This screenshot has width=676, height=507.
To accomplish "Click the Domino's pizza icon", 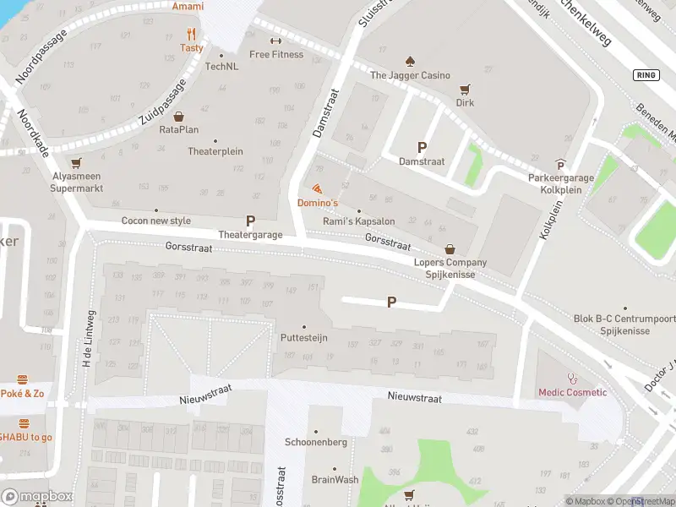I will click(x=317, y=188).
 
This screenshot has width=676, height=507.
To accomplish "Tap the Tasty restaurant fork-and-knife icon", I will click(x=192, y=35).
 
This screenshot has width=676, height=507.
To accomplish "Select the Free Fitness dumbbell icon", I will click(x=275, y=41).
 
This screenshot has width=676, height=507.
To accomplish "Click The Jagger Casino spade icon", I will click(x=410, y=61).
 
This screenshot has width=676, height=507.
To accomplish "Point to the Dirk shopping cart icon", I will click(x=464, y=89).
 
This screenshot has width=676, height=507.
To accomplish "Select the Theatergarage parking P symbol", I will click(x=250, y=221).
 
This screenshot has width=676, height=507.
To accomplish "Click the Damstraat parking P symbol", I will click(x=422, y=146).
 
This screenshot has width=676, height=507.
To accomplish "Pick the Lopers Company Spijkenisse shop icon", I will click(x=450, y=249).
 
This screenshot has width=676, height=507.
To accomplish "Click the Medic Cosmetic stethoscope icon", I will click(x=573, y=379).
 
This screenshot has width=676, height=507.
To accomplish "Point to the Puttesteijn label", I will click(x=304, y=338).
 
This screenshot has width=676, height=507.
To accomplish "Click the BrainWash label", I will click(x=335, y=479).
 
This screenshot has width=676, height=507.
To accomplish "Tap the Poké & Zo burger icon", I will click(x=23, y=380).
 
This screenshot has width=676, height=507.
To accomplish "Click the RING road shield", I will click(x=646, y=75).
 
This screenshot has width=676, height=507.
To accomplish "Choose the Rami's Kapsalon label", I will click(x=359, y=221).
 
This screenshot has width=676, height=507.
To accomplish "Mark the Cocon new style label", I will click(x=156, y=221).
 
